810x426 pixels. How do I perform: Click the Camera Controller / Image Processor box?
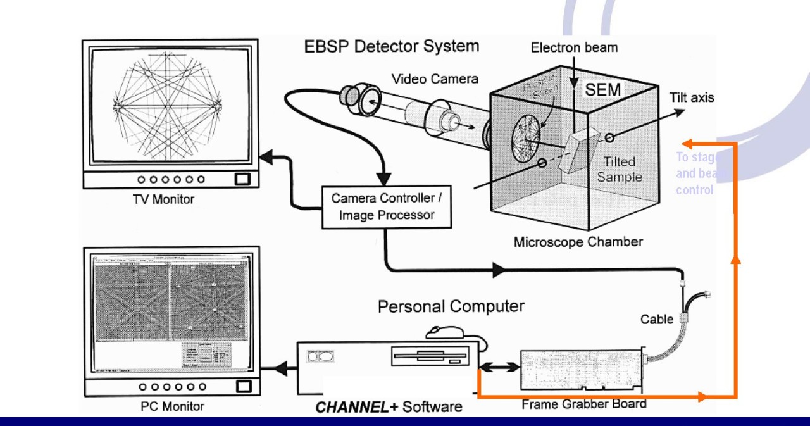pyautogui.click(x=387, y=206)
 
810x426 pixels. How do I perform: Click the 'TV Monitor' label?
pyautogui.click(x=164, y=199)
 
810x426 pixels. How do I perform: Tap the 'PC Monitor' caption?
pyautogui.click(x=172, y=406)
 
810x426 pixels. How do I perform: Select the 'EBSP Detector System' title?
pyautogui.click(x=392, y=46)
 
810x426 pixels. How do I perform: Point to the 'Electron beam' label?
pyautogui.click(x=574, y=47)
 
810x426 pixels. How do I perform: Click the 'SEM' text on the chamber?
pyautogui.click(x=602, y=89)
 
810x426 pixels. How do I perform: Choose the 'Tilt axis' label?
pyautogui.click(x=691, y=97)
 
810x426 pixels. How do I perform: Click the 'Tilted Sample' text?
pyautogui.click(x=619, y=169)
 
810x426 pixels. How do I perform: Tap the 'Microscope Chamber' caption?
pyautogui.click(x=578, y=242)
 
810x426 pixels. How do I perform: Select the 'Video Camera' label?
pyautogui.click(x=435, y=79)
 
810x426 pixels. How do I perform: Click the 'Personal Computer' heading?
pyautogui.click(x=451, y=307)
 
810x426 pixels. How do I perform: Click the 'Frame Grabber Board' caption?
pyautogui.click(x=583, y=404)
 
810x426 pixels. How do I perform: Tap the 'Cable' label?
pyautogui.click(x=657, y=320)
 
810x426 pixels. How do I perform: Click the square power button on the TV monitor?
pyautogui.click(x=242, y=180)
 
